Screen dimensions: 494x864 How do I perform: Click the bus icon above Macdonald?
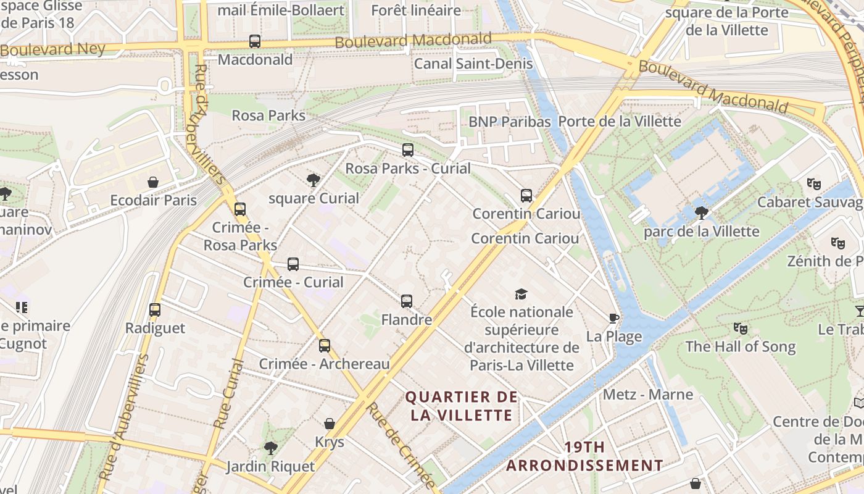click(255, 41)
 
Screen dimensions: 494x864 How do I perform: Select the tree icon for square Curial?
click(314, 180)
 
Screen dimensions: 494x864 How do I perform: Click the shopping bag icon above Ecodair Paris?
click(153, 183)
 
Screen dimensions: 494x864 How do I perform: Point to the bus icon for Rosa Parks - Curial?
click(408, 150)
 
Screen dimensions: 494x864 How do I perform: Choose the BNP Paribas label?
click(509, 122)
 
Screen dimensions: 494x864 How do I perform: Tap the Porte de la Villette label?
click(620, 121)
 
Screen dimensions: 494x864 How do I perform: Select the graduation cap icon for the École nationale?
click(521, 294)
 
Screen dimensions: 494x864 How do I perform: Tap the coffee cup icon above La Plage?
click(614, 319)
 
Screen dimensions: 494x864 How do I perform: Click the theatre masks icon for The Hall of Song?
click(741, 329)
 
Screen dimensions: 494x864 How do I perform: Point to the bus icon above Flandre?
click(407, 301)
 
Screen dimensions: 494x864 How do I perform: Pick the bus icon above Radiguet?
click(155, 310)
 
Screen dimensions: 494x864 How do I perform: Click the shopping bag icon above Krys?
click(330, 424)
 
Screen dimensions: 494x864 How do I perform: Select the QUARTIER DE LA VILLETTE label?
click(462, 406)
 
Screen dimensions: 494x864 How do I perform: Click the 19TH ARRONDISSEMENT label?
click(584, 456)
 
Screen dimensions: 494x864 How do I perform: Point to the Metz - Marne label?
click(648, 394)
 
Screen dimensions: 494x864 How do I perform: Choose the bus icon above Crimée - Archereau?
click(325, 346)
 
